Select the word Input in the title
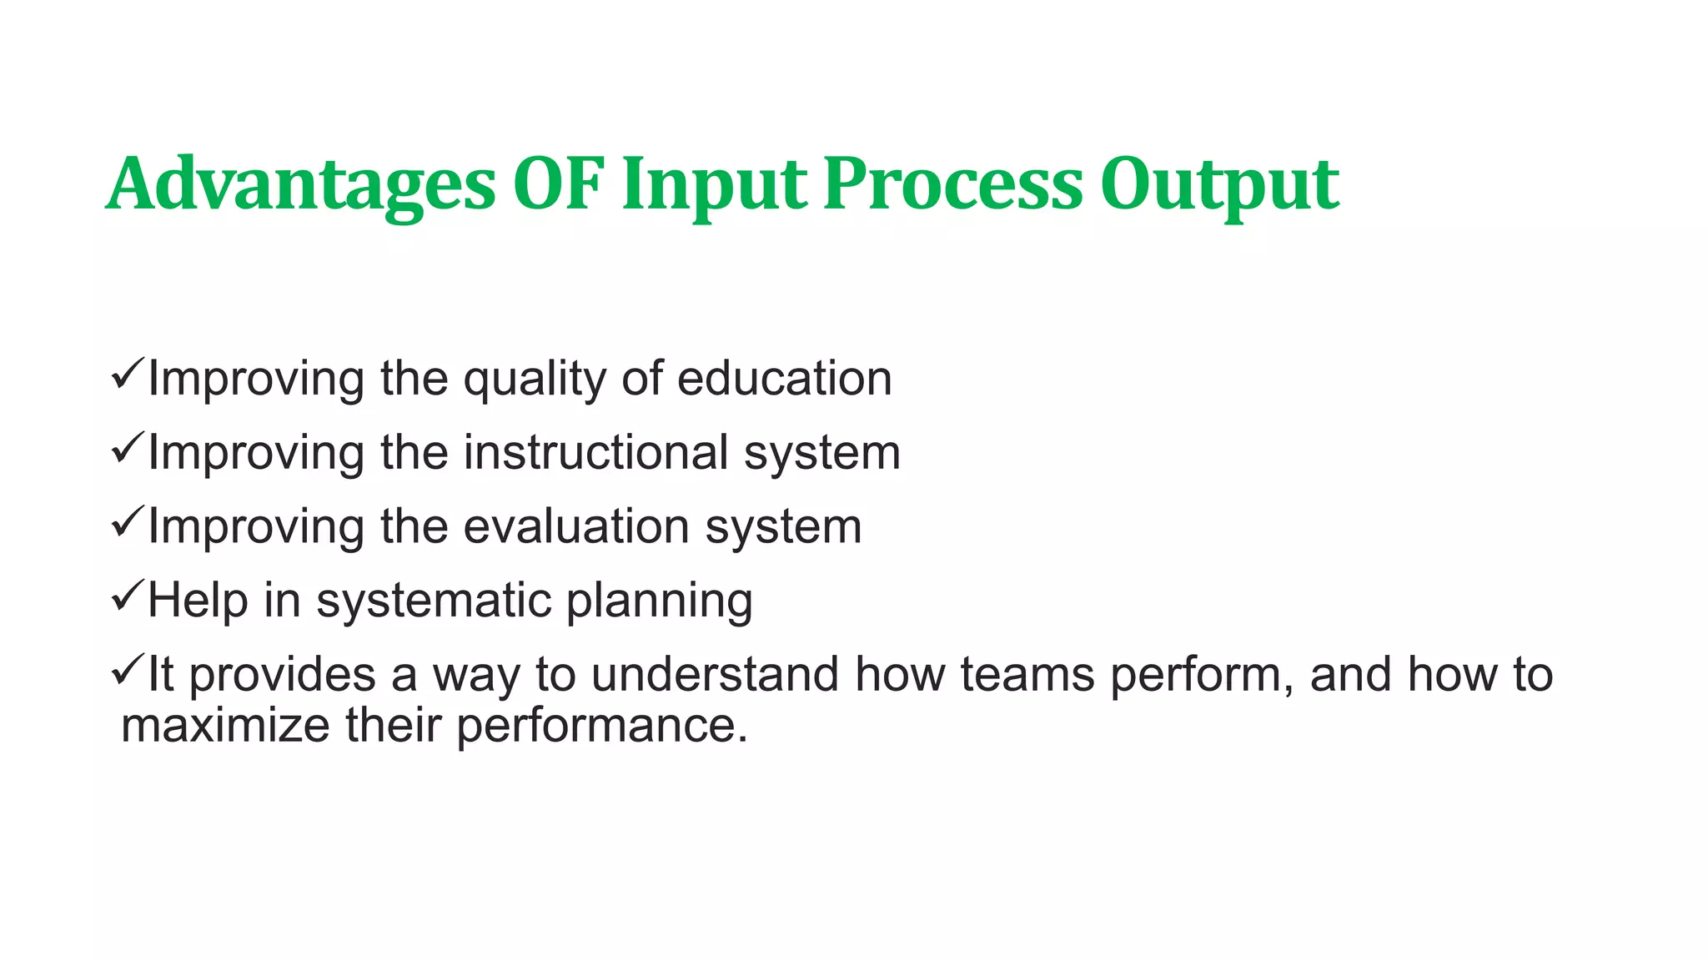pos(714,185)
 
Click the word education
pos(784,379)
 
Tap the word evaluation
pos(576,527)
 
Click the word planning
pos(659,601)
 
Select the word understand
pos(715,674)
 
